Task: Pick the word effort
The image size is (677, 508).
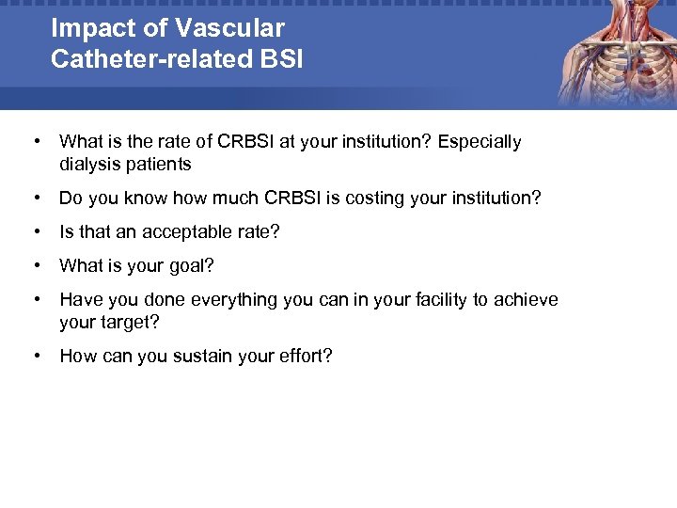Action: pyautogui.click(x=303, y=357)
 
